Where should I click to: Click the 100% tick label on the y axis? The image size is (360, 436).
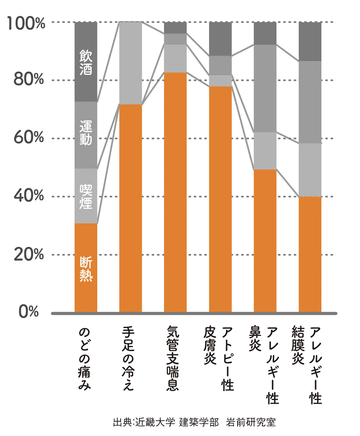pos(25,23)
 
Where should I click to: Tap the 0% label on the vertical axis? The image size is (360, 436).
pos(29,312)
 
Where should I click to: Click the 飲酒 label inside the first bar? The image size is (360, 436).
pos(86,63)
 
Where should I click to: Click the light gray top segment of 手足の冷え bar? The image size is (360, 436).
pos(130,63)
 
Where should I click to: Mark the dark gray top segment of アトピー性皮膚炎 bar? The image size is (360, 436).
pos(220,39)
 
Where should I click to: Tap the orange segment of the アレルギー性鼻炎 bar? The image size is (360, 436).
pos(265,241)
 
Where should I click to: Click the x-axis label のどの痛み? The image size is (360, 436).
pos(86,358)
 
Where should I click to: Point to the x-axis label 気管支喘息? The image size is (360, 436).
pos(175,358)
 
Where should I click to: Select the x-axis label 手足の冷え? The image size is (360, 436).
pos(130,358)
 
